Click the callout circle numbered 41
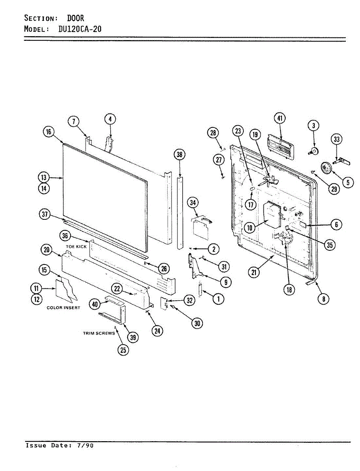(279, 118)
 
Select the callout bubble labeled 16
(48, 132)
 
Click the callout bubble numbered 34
(193, 203)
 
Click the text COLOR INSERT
(63, 308)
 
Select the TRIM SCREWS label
(99, 333)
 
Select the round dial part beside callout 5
(326, 168)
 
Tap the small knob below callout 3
(314, 151)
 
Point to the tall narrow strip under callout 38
(181, 212)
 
